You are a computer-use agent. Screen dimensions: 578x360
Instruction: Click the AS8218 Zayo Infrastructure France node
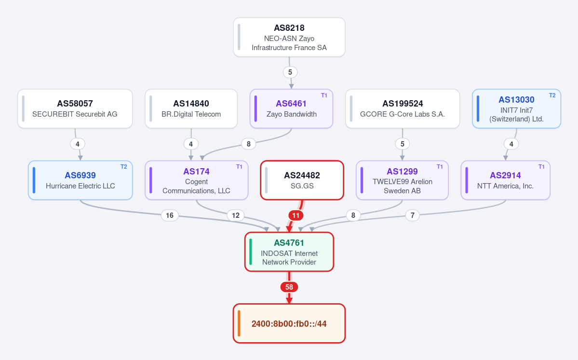[289, 37]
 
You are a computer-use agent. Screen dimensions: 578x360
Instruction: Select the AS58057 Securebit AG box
[75, 109]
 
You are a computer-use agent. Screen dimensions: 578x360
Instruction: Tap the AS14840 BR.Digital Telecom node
[191, 109]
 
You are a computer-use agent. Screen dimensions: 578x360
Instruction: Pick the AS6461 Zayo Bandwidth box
[291, 109]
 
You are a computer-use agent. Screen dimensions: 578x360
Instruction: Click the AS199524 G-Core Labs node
[403, 109]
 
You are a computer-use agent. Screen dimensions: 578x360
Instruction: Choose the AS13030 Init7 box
[516, 109]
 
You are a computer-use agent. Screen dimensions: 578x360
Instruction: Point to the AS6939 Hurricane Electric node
[81, 180]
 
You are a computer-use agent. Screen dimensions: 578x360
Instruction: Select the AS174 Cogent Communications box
[197, 180]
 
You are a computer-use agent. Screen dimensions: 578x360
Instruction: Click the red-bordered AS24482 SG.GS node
[302, 180]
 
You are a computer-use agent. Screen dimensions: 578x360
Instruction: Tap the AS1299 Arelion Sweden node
[402, 180]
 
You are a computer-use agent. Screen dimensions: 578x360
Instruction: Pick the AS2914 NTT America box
[505, 180]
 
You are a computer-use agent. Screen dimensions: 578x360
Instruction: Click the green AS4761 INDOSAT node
[289, 252]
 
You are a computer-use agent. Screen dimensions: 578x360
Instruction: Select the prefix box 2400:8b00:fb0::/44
[289, 323]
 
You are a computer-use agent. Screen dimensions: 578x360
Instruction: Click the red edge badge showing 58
[289, 287]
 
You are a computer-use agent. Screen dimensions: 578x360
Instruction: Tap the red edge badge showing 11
[296, 215]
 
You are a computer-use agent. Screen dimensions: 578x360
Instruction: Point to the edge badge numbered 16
[170, 215]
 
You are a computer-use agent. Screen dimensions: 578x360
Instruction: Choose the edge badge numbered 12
[236, 215]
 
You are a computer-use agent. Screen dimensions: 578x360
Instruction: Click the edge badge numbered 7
[413, 215]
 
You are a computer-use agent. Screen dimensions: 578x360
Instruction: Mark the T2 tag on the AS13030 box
[552, 95]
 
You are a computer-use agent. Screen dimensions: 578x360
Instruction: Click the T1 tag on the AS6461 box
[324, 95]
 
